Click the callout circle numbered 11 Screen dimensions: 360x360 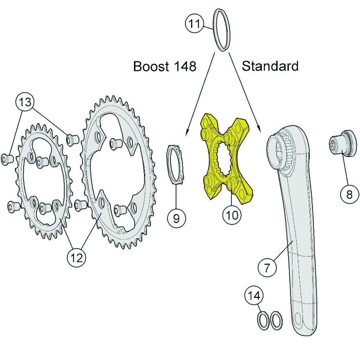(x=194, y=24)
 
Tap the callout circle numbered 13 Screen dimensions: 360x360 (x=25, y=102)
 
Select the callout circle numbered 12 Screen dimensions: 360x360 (x=76, y=258)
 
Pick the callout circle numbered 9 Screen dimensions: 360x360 (x=176, y=218)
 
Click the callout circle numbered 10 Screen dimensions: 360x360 (x=232, y=215)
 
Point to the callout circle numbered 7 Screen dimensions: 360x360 (x=267, y=268)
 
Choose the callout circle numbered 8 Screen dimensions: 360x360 (x=349, y=194)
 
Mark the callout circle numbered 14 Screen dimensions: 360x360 (x=254, y=296)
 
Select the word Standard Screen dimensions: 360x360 (x=270, y=66)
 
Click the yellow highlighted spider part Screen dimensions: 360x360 (x=227, y=159)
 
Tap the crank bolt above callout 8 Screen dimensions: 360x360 (x=343, y=143)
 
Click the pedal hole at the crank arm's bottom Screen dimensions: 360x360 (x=297, y=319)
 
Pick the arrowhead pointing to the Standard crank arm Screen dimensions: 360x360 (x=259, y=129)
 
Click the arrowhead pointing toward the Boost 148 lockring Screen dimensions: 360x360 (x=187, y=132)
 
